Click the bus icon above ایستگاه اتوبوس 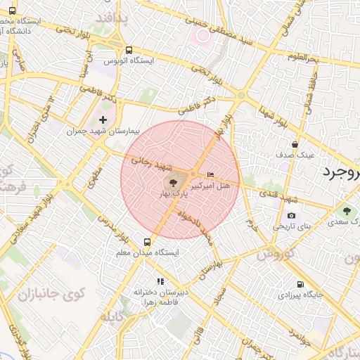click(x=129, y=50)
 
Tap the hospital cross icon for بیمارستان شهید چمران click(x=103, y=120)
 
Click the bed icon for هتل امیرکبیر click(x=211, y=174)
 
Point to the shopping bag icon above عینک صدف click(x=304, y=143)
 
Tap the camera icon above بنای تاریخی click(x=291, y=216)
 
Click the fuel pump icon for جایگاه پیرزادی click(x=301, y=284)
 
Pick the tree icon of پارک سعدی click(x=347, y=210)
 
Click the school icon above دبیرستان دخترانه click(x=160, y=281)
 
